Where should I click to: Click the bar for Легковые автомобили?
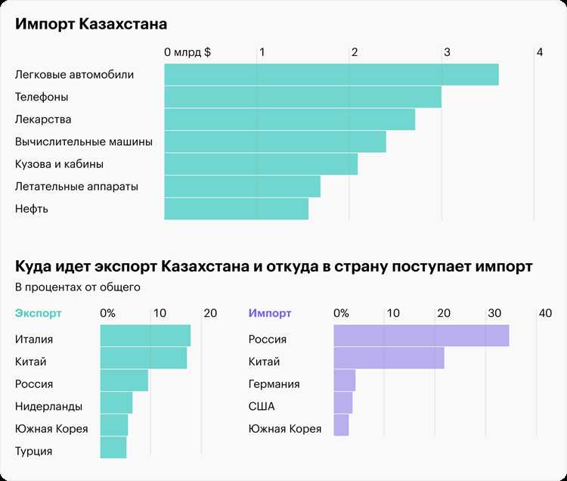click(x=331, y=75)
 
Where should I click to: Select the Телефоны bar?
click(x=302, y=97)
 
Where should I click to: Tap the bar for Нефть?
click(x=236, y=209)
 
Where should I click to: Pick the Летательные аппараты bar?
click(x=242, y=186)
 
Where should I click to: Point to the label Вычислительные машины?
click(x=84, y=141)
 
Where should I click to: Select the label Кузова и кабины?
click(x=59, y=164)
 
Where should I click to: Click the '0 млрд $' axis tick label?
click(x=187, y=53)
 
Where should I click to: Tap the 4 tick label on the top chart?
click(x=539, y=53)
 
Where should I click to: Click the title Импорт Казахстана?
click(x=91, y=24)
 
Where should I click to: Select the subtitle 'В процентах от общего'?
click(x=77, y=287)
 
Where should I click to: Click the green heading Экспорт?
click(x=39, y=313)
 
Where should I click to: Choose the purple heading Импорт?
click(x=270, y=313)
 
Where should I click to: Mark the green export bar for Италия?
click(x=145, y=336)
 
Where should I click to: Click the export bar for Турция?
click(x=113, y=448)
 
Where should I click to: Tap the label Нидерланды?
click(x=48, y=407)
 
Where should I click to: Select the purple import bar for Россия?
click(x=421, y=336)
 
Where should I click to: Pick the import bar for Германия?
click(x=344, y=380)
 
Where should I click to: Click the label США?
click(x=262, y=407)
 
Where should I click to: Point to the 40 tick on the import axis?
click(x=545, y=313)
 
